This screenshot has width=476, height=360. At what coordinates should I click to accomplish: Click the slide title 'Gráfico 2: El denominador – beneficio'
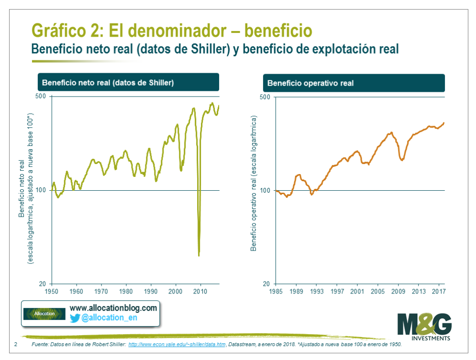point(172,30)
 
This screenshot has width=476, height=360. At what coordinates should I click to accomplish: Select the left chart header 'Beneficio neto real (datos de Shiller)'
point(108,82)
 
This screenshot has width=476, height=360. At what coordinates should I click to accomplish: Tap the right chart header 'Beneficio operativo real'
point(310,83)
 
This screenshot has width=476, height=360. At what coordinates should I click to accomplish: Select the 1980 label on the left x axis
point(126,291)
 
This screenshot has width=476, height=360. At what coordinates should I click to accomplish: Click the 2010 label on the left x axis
point(200,291)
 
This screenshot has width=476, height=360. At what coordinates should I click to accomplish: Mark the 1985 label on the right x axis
point(276,291)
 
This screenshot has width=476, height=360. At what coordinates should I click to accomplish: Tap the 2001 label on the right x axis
point(357,291)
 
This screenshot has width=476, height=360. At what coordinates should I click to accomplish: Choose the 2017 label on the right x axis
point(438,291)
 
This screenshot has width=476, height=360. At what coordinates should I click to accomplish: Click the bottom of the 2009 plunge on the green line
point(199,255)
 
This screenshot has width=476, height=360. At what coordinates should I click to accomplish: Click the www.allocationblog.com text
point(113,308)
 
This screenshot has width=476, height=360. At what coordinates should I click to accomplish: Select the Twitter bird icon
point(75,318)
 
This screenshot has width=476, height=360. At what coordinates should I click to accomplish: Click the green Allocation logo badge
point(44,314)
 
